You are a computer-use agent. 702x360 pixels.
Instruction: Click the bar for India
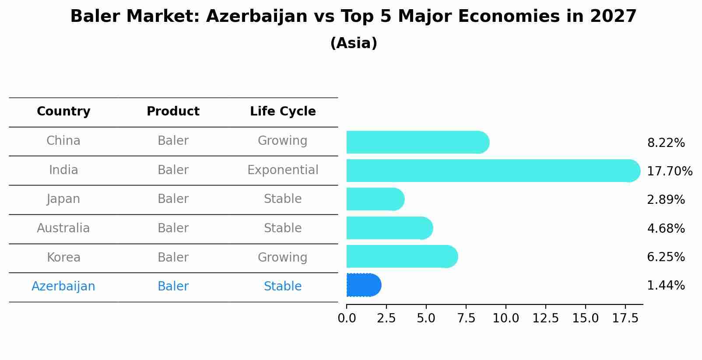tap(492, 171)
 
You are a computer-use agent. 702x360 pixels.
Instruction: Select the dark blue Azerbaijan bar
tap(363, 285)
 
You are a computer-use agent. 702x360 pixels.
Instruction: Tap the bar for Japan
tap(375, 199)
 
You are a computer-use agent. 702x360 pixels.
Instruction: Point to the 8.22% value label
tap(666, 143)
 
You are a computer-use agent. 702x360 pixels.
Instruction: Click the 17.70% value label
tap(669, 171)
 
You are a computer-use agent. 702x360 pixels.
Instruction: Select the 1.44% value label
tap(666, 286)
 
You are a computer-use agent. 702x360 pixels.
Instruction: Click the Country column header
tap(63, 112)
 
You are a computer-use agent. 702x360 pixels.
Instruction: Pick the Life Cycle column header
tap(283, 112)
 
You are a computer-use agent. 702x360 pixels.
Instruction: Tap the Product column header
tap(173, 112)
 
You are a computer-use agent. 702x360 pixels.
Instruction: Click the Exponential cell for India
tap(283, 170)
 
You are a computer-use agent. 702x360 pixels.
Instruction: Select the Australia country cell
tap(63, 228)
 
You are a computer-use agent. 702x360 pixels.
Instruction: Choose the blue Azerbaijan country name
tap(63, 287)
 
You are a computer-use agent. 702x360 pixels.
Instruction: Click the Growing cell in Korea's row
tap(282, 258)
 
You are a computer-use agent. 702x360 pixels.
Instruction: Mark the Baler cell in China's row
tap(173, 141)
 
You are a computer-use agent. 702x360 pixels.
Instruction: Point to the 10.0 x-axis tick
tap(505, 318)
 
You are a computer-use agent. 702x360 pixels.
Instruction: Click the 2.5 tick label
tap(386, 318)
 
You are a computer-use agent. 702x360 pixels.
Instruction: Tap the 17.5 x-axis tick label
tap(625, 318)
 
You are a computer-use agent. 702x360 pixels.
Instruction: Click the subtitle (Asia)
tap(354, 43)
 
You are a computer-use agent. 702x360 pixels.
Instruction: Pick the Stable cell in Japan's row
tap(283, 199)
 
